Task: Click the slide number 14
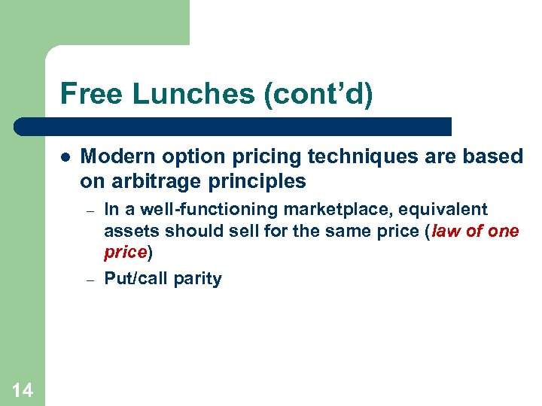pos(23,389)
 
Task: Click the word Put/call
pos(135,279)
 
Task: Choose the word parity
pos(197,279)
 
